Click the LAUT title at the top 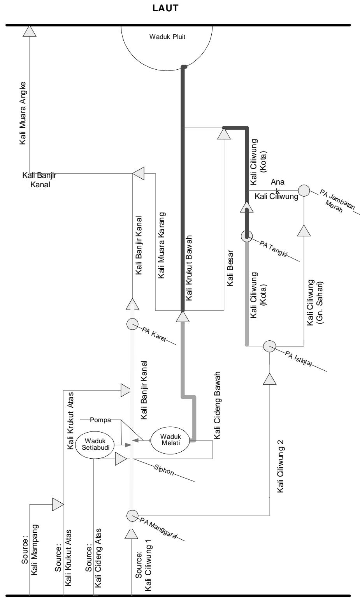pos(165,8)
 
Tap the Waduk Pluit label pos(167,37)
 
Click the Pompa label pos(100,420)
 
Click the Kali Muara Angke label pos(23,113)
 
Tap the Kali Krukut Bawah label pos(189,268)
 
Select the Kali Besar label pos(230,268)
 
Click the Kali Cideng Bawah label pos(217,405)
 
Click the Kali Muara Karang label pos(161,245)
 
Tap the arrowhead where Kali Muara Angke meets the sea pos(29,31)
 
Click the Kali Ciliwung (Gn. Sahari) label pos(315,303)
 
